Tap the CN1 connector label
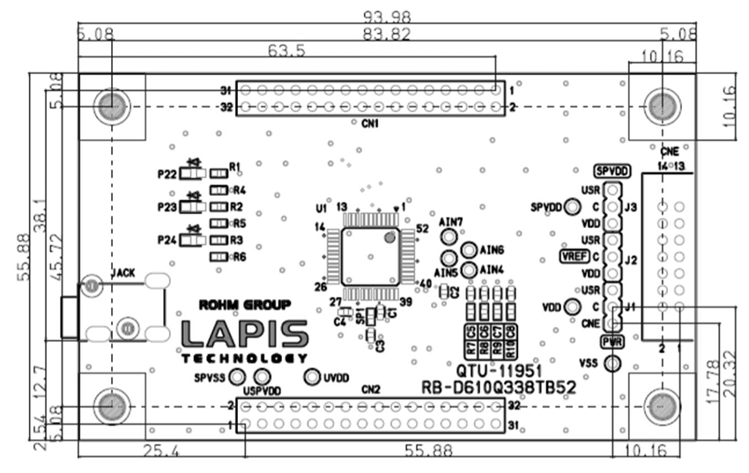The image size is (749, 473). pyautogui.click(x=370, y=124)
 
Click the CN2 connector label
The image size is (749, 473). pyautogui.click(x=370, y=388)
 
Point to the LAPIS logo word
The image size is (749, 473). pyautogui.click(x=245, y=334)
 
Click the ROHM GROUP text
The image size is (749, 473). pyautogui.click(x=245, y=306)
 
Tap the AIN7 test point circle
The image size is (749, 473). pyautogui.click(x=449, y=238)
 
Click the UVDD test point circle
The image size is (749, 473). pyautogui.click(x=311, y=377)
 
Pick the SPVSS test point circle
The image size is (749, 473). pyautogui.click(x=236, y=377)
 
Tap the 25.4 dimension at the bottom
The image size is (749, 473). pyautogui.click(x=160, y=451)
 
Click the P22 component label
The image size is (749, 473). pyautogui.click(x=167, y=174)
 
